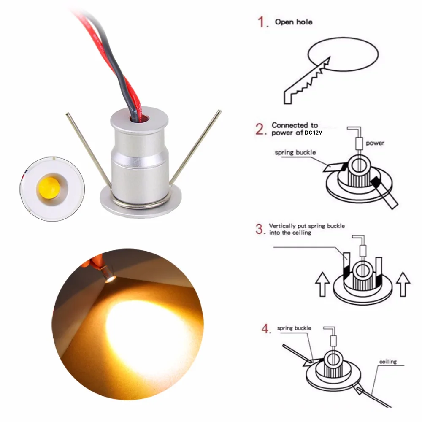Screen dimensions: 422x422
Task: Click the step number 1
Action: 263,22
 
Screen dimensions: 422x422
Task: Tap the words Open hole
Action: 294,22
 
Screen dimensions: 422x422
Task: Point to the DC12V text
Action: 313,133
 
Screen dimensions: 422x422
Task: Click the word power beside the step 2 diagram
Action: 375,143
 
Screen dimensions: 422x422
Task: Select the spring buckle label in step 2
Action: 295,152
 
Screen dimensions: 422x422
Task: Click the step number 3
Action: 260,229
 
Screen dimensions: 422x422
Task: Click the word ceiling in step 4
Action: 388,362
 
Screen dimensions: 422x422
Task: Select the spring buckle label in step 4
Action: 294,328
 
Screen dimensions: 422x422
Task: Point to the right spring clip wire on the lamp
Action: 196,148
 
